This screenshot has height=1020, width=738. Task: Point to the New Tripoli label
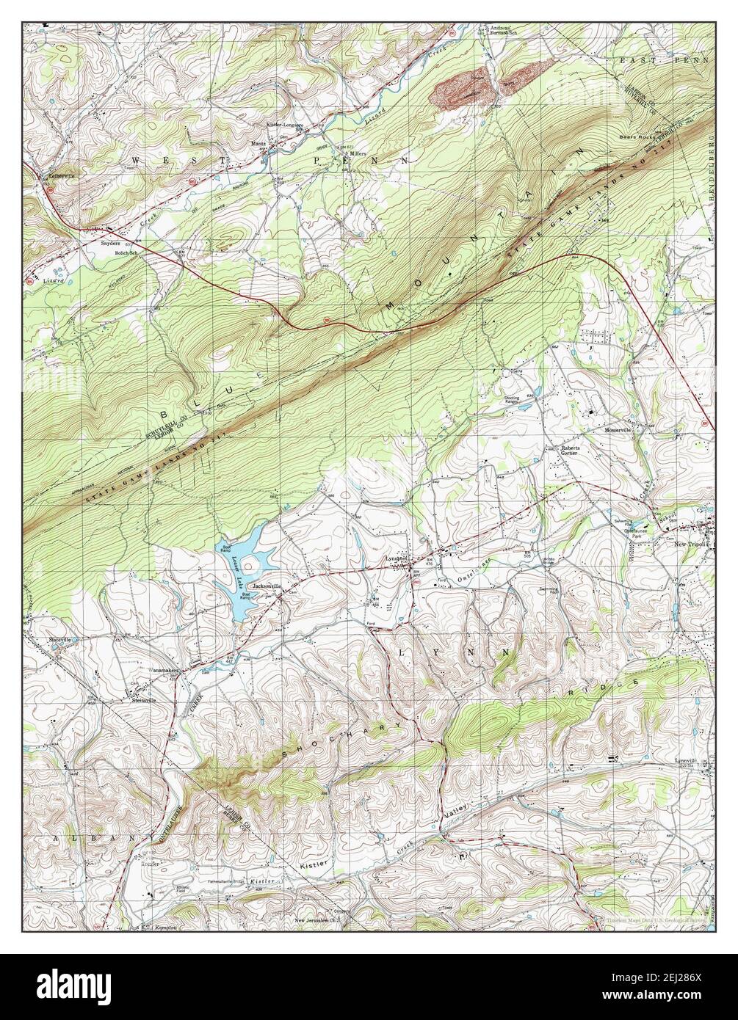click(x=690, y=545)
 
